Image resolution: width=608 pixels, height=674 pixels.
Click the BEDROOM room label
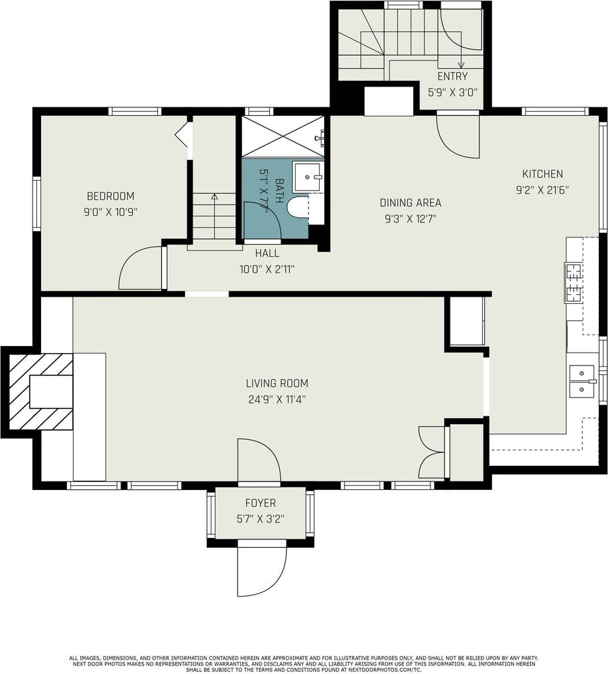click(111, 196)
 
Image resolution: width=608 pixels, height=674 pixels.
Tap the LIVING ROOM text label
click(277, 383)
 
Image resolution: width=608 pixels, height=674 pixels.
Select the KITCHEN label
click(542, 174)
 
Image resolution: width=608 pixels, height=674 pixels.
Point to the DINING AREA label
click(411, 202)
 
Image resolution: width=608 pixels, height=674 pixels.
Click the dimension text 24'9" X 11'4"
click(277, 399)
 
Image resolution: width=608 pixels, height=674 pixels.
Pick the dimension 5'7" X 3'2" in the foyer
click(260, 519)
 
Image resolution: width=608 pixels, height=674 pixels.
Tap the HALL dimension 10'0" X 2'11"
click(267, 269)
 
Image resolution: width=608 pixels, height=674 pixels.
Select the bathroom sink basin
click(309, 177)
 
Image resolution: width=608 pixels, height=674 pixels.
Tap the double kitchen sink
click(582, 381)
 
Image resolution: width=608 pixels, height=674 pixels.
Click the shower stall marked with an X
click(283, 136)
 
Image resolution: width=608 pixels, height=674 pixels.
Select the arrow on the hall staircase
click(214, 217)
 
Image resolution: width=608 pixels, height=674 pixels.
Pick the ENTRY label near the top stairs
click(452, 77)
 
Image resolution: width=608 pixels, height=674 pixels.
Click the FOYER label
click(260, 503)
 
